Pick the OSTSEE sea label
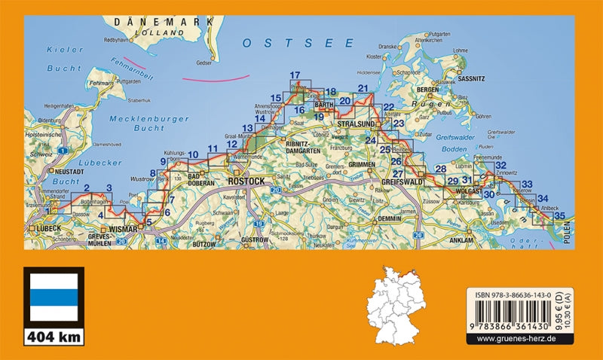point(277,44)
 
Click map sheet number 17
point(295,75)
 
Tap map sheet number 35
point(559,216)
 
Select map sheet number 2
point(86,188)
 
